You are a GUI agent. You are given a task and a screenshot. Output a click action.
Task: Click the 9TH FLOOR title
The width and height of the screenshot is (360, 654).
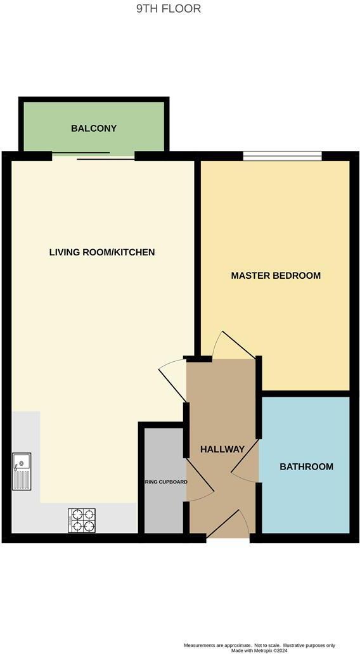pos(169,9)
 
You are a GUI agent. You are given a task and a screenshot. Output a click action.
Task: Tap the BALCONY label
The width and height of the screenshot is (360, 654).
pos(94,129)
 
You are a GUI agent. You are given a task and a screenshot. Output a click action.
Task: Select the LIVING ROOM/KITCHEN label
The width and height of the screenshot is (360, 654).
pos(102,252)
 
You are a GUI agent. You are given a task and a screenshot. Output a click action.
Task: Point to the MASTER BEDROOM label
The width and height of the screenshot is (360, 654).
pos(276,276)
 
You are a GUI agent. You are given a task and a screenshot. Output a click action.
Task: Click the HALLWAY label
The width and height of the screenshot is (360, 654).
pos(222,449)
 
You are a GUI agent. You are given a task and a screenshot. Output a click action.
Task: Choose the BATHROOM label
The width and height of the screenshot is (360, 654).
pos(307,467)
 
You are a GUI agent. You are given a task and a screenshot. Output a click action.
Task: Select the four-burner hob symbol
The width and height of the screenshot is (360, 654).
pos(82,520)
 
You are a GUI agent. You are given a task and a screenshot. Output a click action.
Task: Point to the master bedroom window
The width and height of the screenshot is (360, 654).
pos(283,155)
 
